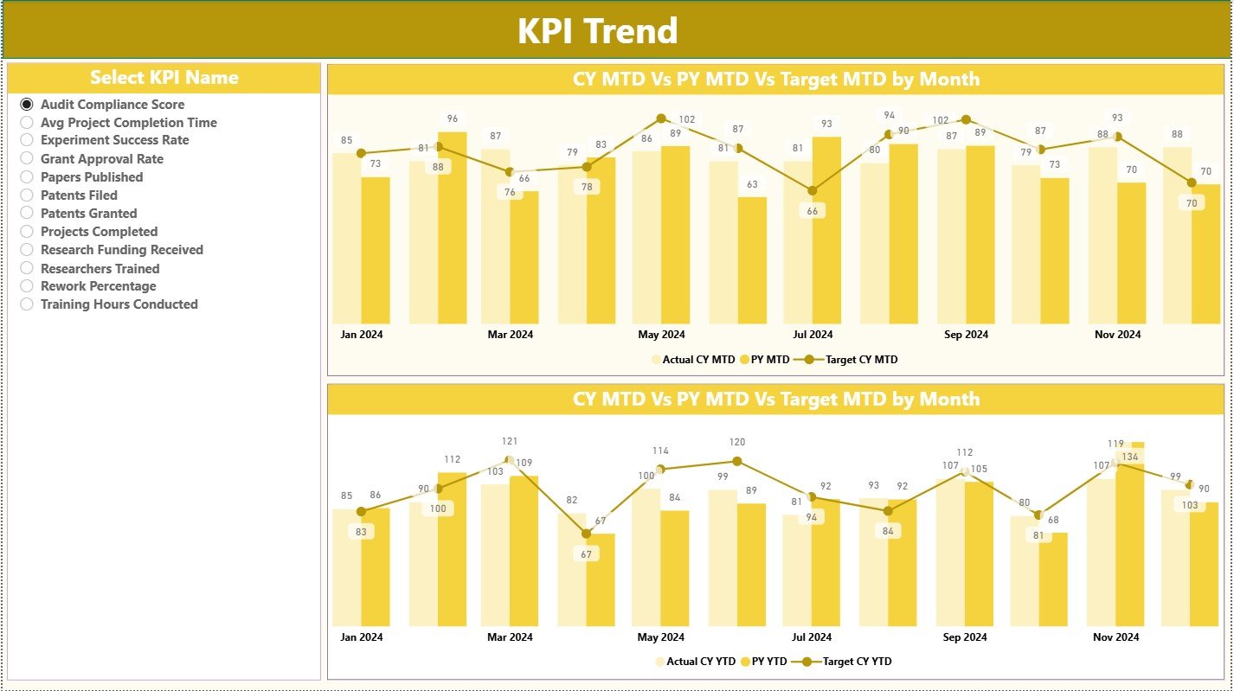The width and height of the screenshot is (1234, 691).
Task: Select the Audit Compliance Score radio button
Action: [x=27, y=104]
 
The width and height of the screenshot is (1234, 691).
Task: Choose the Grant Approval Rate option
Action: [x=27, y=159]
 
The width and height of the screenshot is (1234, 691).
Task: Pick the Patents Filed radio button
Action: [x=27, y=195]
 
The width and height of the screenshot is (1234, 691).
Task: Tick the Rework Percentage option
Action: [x=27, y=286]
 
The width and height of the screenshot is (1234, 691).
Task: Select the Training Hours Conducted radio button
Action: [x=27, y=304]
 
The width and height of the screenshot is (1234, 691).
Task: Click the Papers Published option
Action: [x=27, y=177]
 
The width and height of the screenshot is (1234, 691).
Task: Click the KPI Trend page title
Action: [x=597, y=31]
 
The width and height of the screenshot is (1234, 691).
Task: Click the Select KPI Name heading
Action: [x=164, y=78]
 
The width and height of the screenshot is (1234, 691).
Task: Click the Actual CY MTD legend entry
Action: [x=692, y=360]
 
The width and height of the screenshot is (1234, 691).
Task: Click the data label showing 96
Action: [x=452, y=118]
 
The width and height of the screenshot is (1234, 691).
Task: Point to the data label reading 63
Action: [x=752, y=184]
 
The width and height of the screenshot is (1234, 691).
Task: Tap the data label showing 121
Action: [x=509, y=442]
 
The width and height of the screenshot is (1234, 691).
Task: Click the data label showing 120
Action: [x=736, y=442]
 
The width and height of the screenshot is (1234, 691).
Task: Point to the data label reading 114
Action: [x=660, y=451]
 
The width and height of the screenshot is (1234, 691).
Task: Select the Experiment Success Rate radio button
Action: [x=27, y=140]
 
